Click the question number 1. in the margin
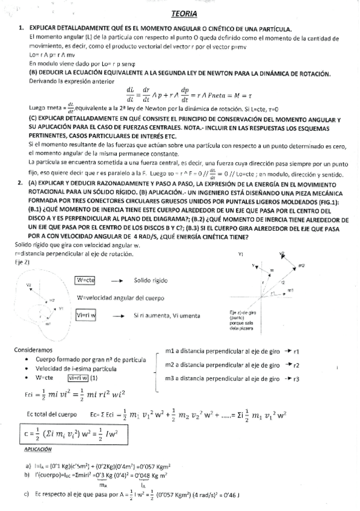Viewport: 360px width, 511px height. [20, 28]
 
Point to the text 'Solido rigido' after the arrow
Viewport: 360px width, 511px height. [153, 281]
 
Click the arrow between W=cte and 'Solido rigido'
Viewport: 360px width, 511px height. [117, 281]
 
